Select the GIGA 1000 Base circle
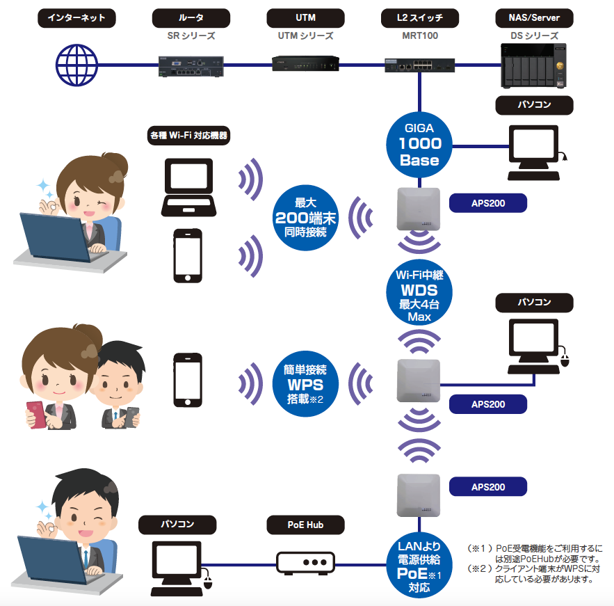(419, 143)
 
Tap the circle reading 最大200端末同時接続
(305, 218)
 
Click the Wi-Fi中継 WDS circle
(419, 296)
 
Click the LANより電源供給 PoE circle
(419, 566)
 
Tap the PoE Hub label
(305, 523)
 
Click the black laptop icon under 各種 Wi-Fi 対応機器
(189, 186)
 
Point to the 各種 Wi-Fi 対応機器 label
(189, 136)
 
